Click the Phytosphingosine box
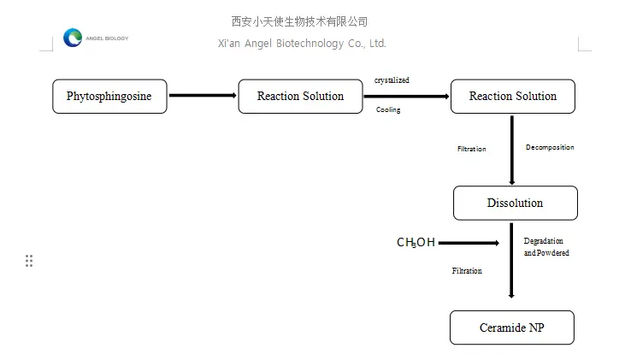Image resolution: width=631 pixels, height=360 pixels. point(109,97)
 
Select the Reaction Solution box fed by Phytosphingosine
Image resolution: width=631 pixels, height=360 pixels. point(300,97)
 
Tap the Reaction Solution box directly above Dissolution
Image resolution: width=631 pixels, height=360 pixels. point(512,97)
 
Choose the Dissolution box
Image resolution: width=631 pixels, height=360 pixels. point(515,204)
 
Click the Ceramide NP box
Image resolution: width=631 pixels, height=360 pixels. point(511,328)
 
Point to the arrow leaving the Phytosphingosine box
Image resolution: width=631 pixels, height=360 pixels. point(203,96)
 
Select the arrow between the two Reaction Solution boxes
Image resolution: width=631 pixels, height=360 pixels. point(406,97)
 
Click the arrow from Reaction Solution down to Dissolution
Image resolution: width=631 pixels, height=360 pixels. point(512,150)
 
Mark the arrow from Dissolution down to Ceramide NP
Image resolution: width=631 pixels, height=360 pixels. point(511,260)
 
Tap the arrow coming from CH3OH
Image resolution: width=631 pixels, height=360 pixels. point(469,243)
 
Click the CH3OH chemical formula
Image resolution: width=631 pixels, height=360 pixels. point(416,243)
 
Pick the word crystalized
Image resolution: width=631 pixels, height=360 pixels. point(392,80)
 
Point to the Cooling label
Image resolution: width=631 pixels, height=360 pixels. point(388,110)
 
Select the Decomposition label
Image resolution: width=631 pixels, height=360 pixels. point(549,147)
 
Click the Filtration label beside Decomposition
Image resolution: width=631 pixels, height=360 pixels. point(471,149)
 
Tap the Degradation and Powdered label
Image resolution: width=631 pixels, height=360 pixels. point(545,247)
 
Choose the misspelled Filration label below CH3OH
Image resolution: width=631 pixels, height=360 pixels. point(467,271)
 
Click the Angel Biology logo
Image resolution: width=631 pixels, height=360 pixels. point(74,38)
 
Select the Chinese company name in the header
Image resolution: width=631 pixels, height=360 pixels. point(299,21)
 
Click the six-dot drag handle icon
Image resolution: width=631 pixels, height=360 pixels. point(29,261)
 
